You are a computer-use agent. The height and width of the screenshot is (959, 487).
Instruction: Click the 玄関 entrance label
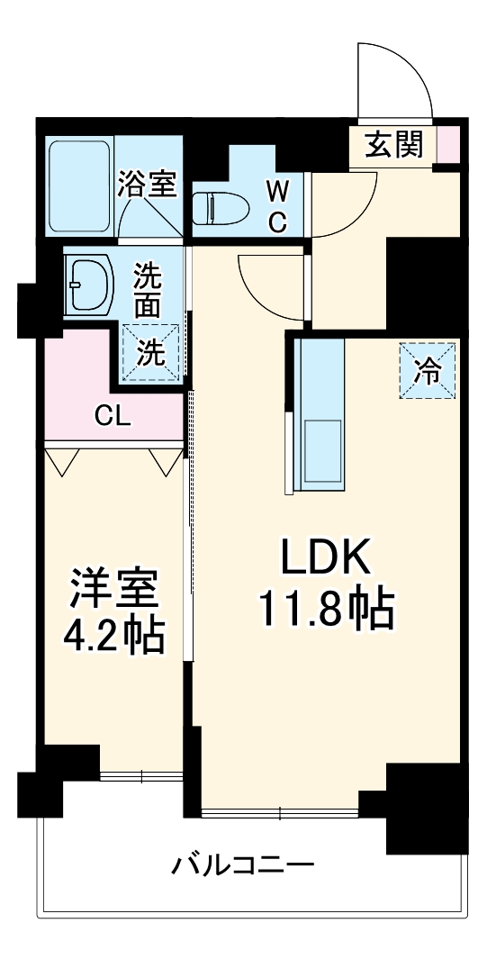pyautogui.click(x=393, y=145)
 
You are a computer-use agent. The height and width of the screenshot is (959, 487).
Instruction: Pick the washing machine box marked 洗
pyautogui.click(x=151, y=351)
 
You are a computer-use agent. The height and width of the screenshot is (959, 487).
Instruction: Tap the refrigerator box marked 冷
pyautogui.click(x=428, y=370)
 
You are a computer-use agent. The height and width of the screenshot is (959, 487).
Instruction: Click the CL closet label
pyautogui.click(x=114, y=416)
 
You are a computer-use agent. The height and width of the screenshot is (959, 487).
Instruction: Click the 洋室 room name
pyautogui.click(x=113, y=590)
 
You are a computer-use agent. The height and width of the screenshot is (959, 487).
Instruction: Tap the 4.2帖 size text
pyautogui.click(x=113, y=637)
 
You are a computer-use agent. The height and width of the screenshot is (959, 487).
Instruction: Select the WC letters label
pyautogui.click(x=277, y=206)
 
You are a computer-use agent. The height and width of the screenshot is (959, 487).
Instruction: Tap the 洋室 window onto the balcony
pyautogui.click(x=141, y=774)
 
